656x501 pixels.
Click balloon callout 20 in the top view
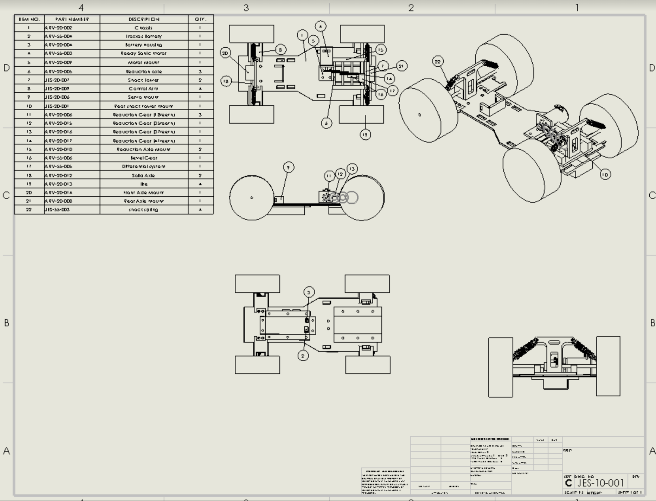coord(225,53)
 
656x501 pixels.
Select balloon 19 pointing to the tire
coord(365,135)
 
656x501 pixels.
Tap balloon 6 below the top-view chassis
coord(326,123)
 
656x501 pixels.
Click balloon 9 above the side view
coord(288,167)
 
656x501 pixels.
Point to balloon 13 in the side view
coord(352,169)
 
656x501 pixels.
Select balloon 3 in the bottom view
coord(308,292)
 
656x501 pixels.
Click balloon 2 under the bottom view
coord(303,356)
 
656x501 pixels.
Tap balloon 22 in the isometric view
coord(438,61)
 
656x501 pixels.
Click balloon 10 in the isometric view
coord(605,174)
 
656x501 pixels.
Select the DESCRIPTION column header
coord(144,19)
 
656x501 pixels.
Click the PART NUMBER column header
coord(72,19)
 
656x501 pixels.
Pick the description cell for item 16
coord(144,158)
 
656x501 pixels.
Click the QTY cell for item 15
coord(200,149)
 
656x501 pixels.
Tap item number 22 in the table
coord(29,209)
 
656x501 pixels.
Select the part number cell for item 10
coord(72,106)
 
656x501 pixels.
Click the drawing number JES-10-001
coord(600,483)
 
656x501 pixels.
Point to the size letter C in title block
coord(568,483)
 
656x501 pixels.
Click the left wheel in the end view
coord(500,367)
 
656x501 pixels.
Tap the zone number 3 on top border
coord(246,7)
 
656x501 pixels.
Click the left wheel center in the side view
coord(252,197)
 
